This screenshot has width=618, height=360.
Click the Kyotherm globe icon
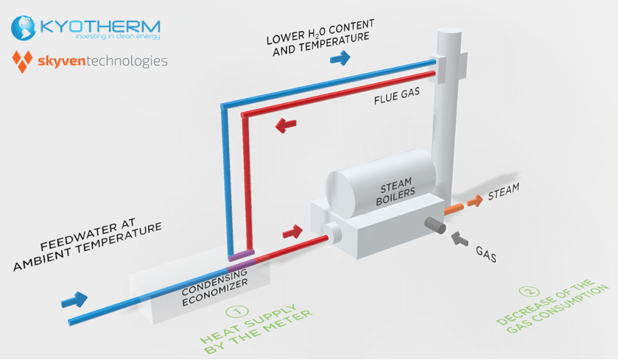24,28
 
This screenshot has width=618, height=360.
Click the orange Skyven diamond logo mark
22,62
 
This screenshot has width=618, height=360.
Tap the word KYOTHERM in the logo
100,27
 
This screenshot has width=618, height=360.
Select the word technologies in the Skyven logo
127,61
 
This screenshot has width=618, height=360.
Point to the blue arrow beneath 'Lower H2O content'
340,58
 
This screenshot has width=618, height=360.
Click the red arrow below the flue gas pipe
286,125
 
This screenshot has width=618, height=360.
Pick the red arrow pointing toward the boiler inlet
292,232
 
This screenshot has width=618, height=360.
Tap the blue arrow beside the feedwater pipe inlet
74,300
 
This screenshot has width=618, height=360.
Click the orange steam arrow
475,201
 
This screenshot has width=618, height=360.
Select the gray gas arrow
459,239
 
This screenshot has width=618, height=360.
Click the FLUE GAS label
397,96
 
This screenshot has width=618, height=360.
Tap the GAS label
486,255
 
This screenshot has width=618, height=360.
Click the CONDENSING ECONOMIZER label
215,287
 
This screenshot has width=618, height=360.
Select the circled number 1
237,312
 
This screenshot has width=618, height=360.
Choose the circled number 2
529,292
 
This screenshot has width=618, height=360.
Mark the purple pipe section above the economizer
241,255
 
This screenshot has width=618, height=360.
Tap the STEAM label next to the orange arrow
504,191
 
